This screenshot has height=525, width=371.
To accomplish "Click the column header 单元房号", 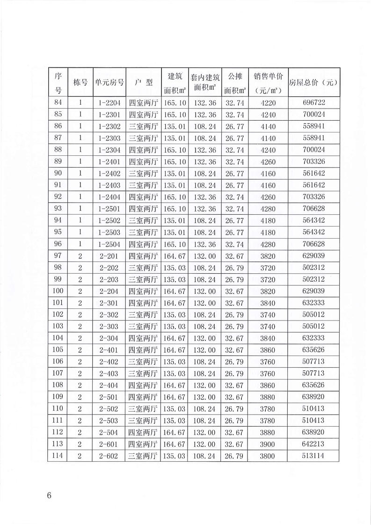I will point(109,82).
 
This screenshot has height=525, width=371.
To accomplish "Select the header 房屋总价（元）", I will point(314,82).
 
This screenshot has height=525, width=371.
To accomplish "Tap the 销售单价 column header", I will point(269,82).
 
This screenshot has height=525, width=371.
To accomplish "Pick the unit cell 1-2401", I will point(109,161).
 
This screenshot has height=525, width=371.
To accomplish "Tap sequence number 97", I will point(58,255).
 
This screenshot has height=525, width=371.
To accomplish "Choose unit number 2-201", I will point(109,255).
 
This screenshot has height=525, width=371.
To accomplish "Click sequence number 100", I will point(58,291).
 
